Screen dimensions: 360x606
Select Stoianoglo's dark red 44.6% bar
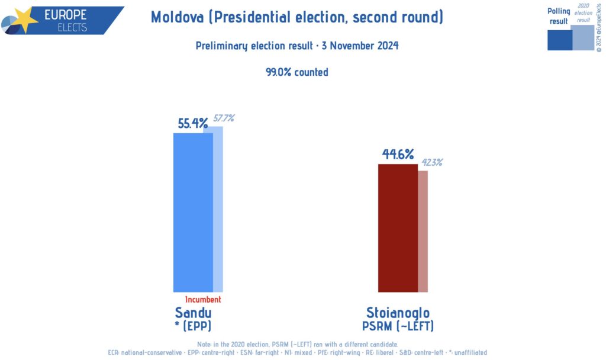398,228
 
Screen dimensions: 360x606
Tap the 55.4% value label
193,124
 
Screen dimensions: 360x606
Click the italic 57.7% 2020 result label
224,118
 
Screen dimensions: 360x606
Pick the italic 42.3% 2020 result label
431,162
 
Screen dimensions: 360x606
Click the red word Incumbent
203,300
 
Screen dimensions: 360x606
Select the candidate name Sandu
193,313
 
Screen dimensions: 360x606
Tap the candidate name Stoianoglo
398,313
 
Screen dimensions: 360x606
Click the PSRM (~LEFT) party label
398,326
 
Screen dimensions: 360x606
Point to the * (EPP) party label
193,326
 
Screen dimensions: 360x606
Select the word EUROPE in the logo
66,14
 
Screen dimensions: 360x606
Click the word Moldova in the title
176,17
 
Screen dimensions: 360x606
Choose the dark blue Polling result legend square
559,39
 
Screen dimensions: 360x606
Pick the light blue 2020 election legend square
583,37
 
